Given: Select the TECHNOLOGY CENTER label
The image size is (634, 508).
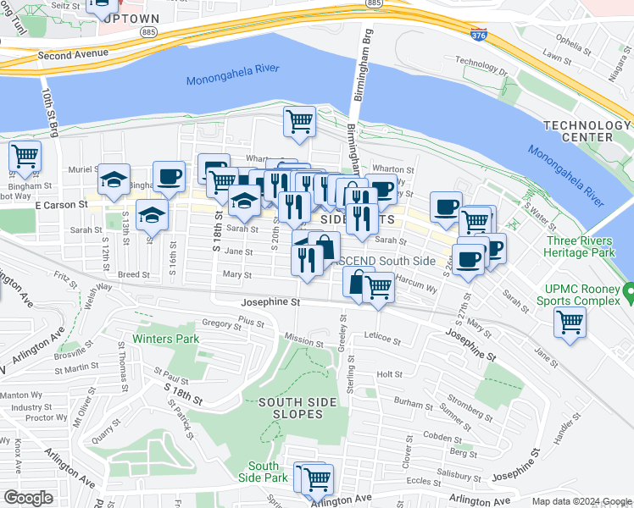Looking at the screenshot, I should [x=587, y=131].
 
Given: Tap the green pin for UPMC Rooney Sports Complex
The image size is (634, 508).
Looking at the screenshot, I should [x=628, y=294].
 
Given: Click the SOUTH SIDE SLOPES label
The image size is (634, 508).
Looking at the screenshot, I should [x=291, y=408].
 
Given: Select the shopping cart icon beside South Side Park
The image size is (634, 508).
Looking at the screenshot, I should [x=317, y=479].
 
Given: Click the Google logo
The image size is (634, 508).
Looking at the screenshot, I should [x=28, y=498].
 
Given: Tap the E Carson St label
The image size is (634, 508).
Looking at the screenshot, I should [x=62, y=205].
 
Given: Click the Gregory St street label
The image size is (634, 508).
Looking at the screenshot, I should [x=222, y=323].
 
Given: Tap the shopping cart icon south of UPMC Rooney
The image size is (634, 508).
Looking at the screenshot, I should [x=570, y=322].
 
